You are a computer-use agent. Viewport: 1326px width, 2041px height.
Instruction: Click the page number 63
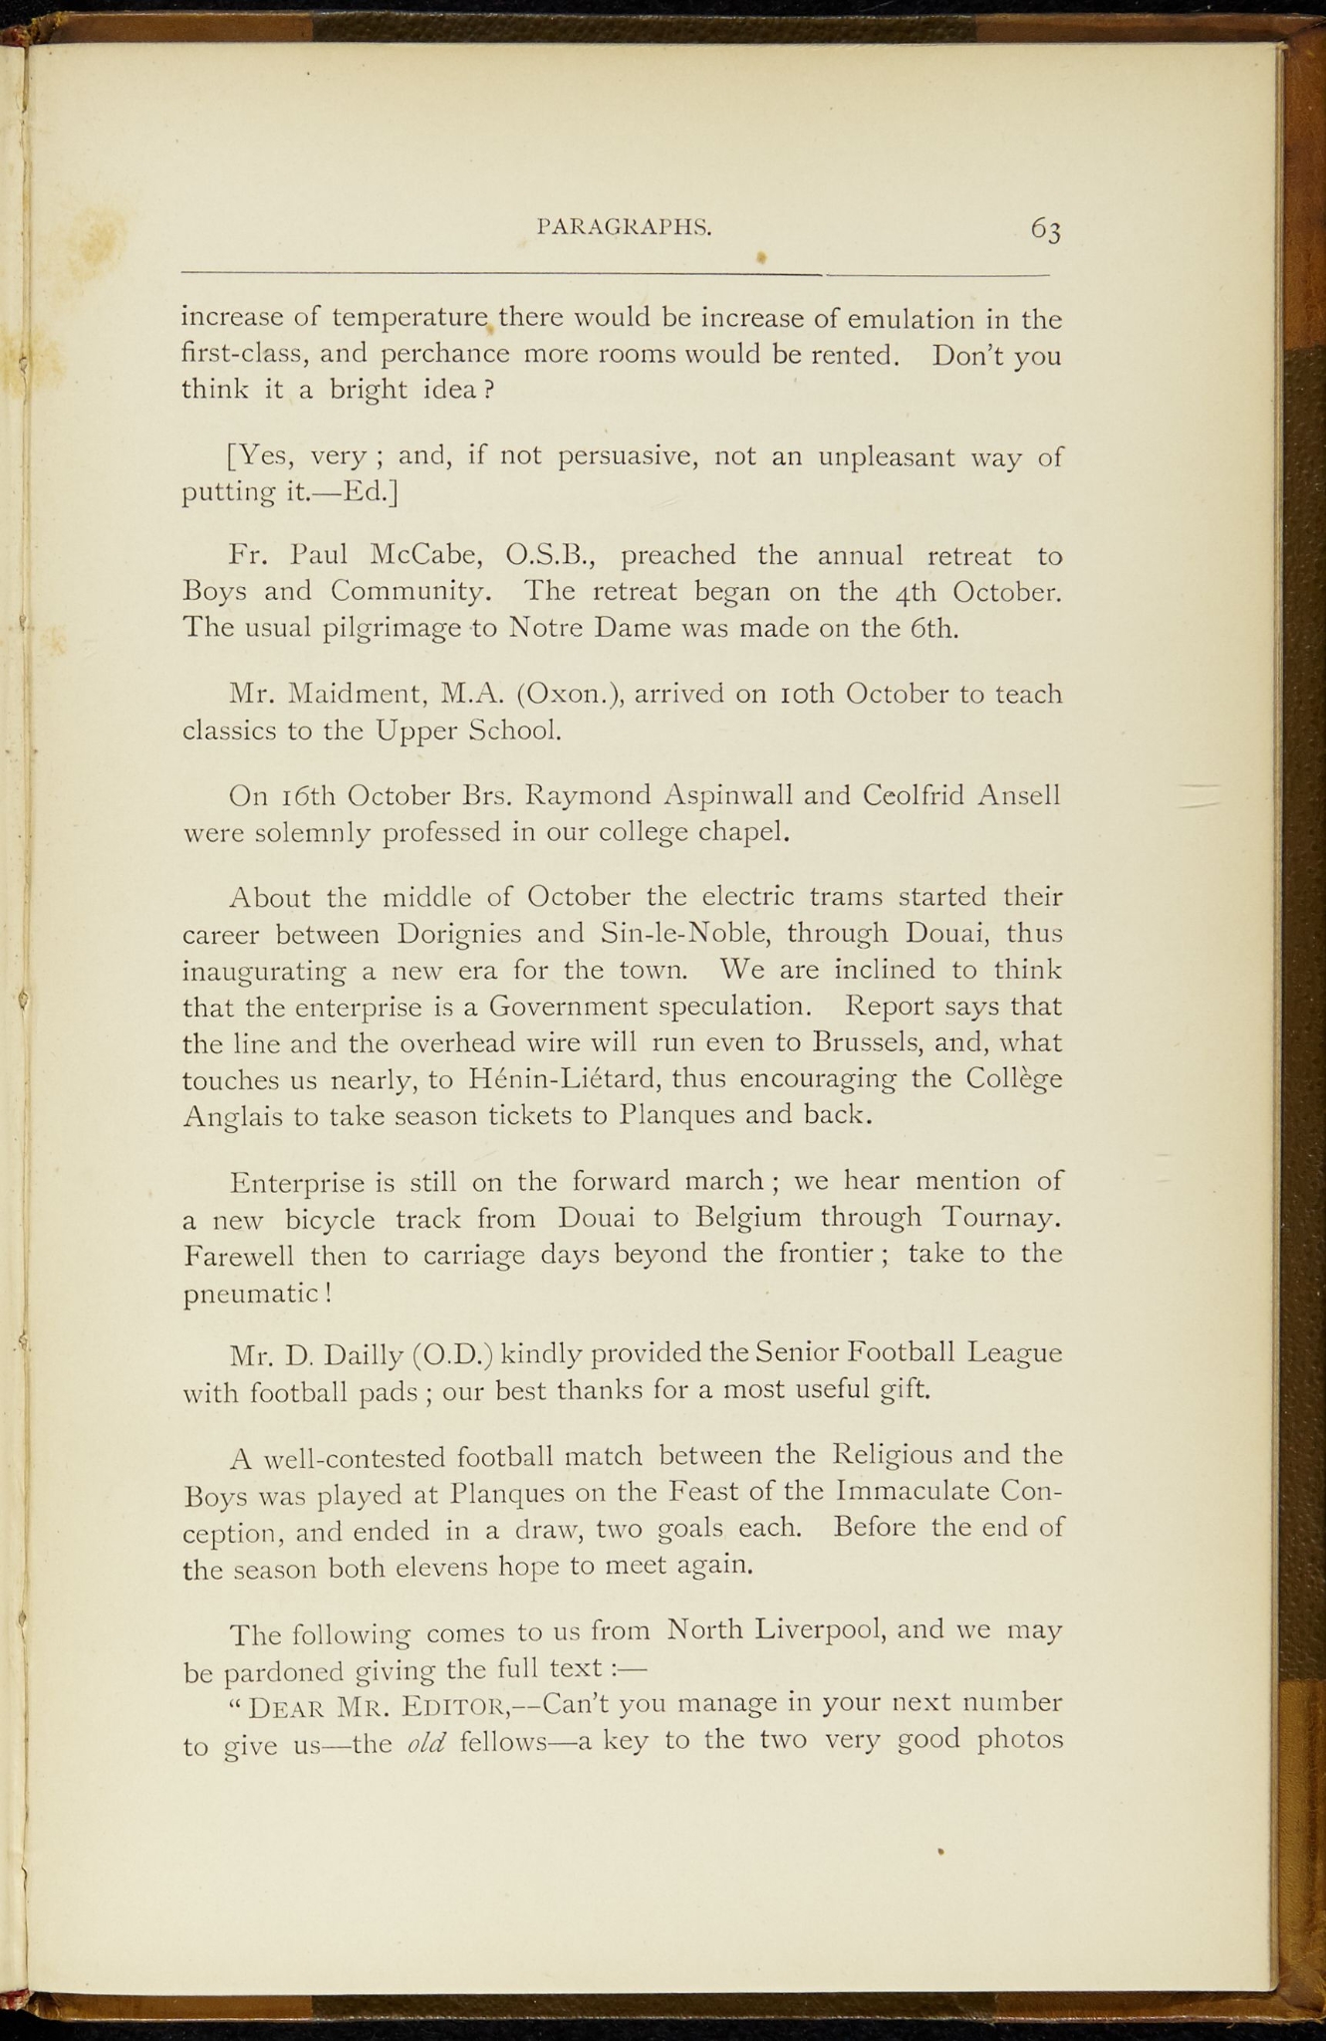(x=1045, y=229)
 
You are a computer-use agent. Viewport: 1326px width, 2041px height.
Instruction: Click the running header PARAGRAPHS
(x=624, y=226)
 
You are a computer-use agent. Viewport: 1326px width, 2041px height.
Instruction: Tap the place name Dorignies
(x=459, y=935)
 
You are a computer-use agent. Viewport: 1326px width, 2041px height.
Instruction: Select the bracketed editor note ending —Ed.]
(x=622, y=473)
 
